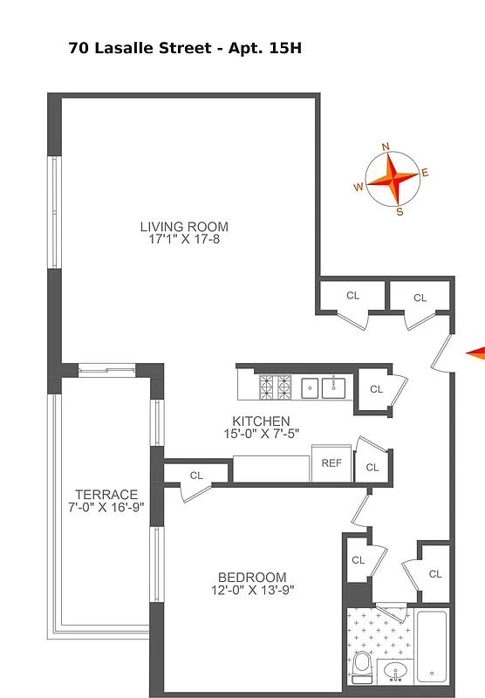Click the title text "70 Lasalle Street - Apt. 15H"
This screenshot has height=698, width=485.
tap(184, 49)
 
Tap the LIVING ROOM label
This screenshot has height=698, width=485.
tap(184, 227)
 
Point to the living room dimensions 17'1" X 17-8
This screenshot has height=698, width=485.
tap(184, 239)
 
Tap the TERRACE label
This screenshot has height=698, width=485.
tap(106, 494)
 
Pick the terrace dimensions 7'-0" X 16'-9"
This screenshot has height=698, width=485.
tap(106, 506)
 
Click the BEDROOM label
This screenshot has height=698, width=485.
tap(252, 577)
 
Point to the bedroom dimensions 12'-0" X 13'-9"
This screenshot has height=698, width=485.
tap(252, 590)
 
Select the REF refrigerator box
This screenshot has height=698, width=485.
tap(331, 464)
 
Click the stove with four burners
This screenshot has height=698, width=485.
tap(277, 385)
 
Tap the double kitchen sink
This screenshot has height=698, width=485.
tap(324, 386)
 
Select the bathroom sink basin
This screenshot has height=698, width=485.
tap(396, 673)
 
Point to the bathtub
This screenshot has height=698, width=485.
tap(433, 645)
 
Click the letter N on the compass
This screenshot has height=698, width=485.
tap(386, 147)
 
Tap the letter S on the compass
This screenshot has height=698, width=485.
tap(400, 211)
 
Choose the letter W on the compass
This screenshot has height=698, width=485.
tap(358, 187)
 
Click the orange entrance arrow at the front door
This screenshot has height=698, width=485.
tap(475, 352)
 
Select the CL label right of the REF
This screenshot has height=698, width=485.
tap(372, 468)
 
